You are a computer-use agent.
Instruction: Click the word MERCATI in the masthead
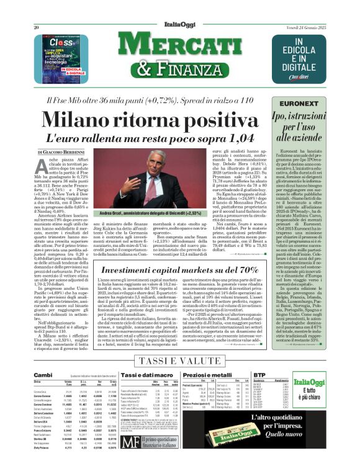point(181,44)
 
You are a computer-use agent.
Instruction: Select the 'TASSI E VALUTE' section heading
point(180,361)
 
